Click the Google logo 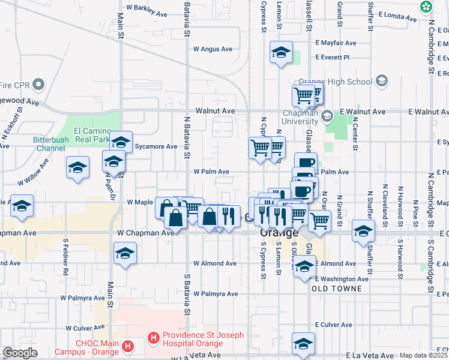[20, 353]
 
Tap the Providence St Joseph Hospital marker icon [153, 338]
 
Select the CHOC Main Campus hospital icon [127, 346]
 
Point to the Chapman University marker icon [327, 116]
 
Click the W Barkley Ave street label [146, 11]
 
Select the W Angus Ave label [212, 49]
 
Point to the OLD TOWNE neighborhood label [337, 289]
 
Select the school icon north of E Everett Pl [280, 53]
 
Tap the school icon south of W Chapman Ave [125, 253]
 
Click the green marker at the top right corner [426, 7]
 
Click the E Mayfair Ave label [335, 43]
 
